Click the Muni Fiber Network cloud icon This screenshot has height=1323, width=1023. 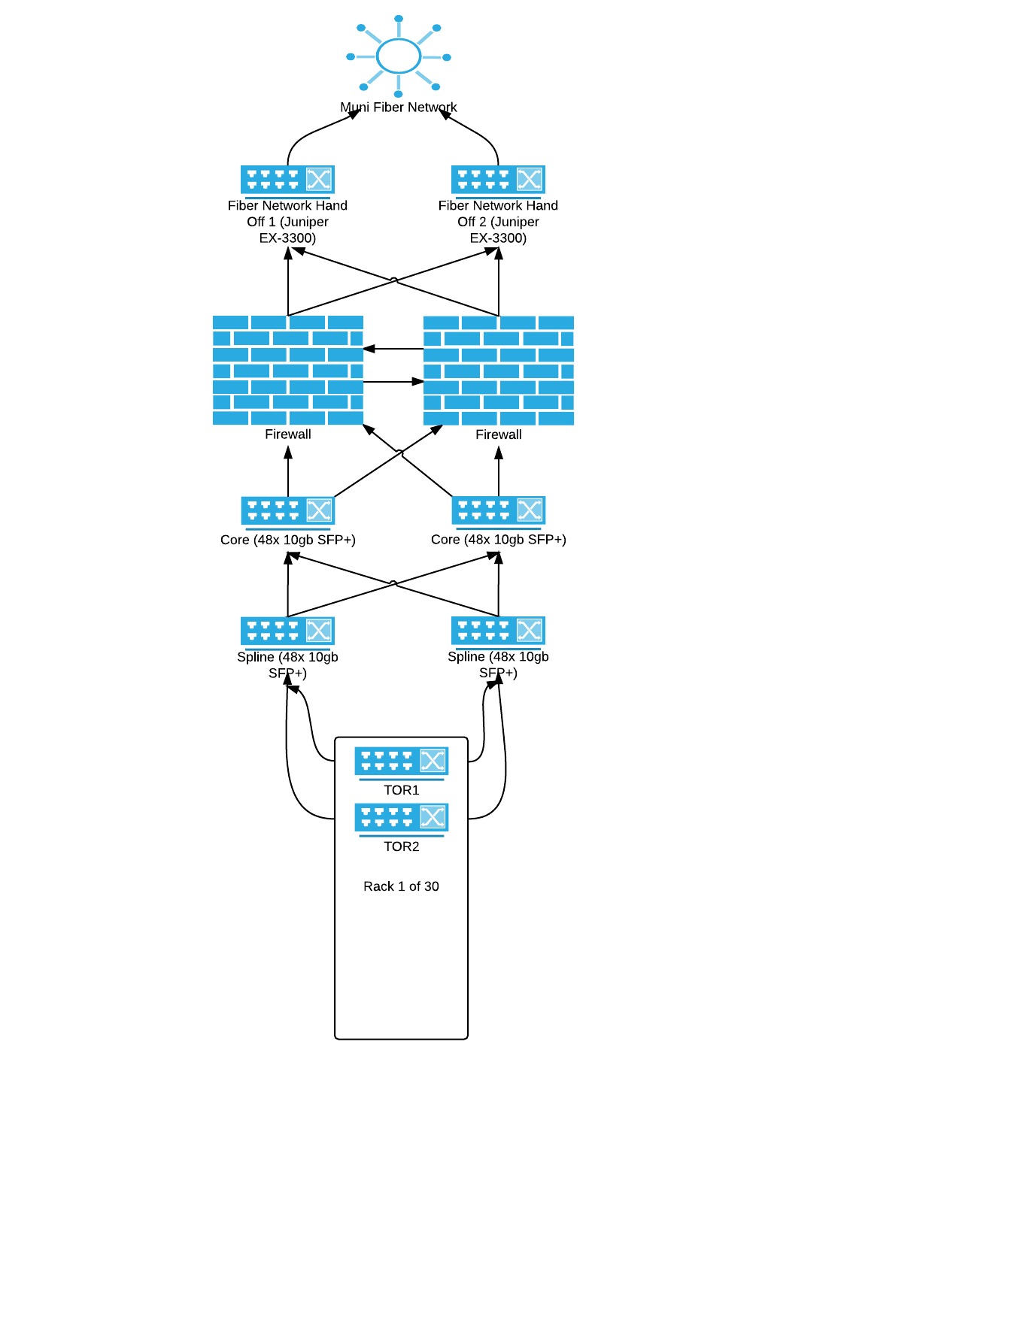(x=399, y=56)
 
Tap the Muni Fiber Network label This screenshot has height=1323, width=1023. (x=399, y=107)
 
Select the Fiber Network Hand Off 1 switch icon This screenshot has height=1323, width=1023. (x=287, y=180)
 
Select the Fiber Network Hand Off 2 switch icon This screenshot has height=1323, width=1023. (x=498, y=180)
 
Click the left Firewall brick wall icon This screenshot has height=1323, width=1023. (x=288, y=370)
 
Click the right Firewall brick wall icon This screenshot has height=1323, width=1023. (x=499, y=370)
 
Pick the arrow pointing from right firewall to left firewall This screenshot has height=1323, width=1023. (x=393, y=349)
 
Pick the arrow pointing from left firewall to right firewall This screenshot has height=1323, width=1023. (x=393, y=382)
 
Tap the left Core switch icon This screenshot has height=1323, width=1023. (x=287, y=511)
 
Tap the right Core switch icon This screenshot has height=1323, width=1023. (x=498, y=511)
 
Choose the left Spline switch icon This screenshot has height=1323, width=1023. (x=287, y=631)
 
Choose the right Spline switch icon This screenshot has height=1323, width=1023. (x=498, y=631)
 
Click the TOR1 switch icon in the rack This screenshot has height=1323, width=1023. (x=402, y=761)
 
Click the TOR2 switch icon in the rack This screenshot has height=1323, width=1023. (x=402, y=818)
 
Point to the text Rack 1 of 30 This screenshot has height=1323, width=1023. (x=401, y=886)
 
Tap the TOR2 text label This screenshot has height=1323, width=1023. (x=402, y=846)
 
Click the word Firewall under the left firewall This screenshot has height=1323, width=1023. (x=288, y=434)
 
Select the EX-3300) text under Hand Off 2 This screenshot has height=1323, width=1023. (x=498, y=238)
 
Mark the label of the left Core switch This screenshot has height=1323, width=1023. (x=288, y=540)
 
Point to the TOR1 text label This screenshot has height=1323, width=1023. (x=402, y=790)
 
